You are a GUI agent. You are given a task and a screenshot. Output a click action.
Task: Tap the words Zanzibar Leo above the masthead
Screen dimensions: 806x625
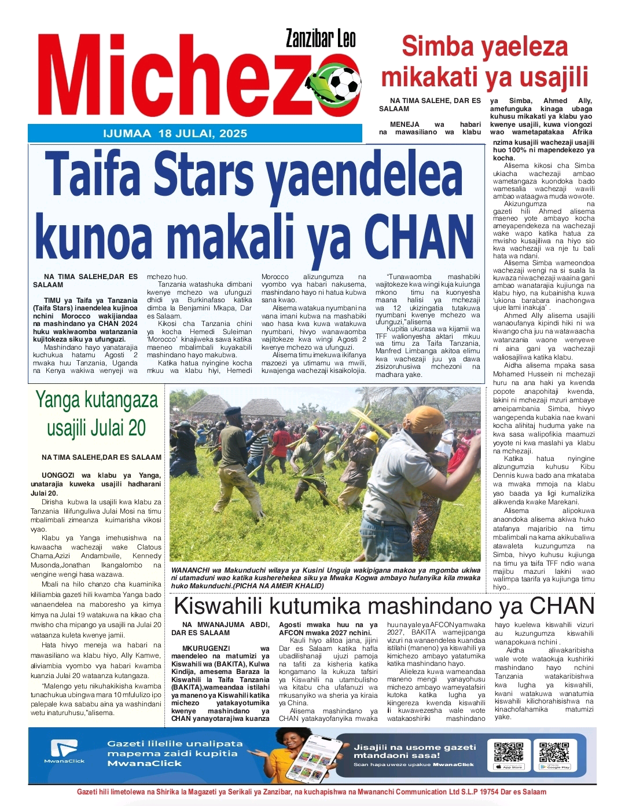coord(321,38)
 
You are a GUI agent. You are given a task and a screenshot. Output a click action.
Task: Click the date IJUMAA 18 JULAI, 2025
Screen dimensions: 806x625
coord(174,134)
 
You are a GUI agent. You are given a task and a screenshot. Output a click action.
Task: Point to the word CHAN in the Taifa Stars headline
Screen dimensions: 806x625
coord(418,232)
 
